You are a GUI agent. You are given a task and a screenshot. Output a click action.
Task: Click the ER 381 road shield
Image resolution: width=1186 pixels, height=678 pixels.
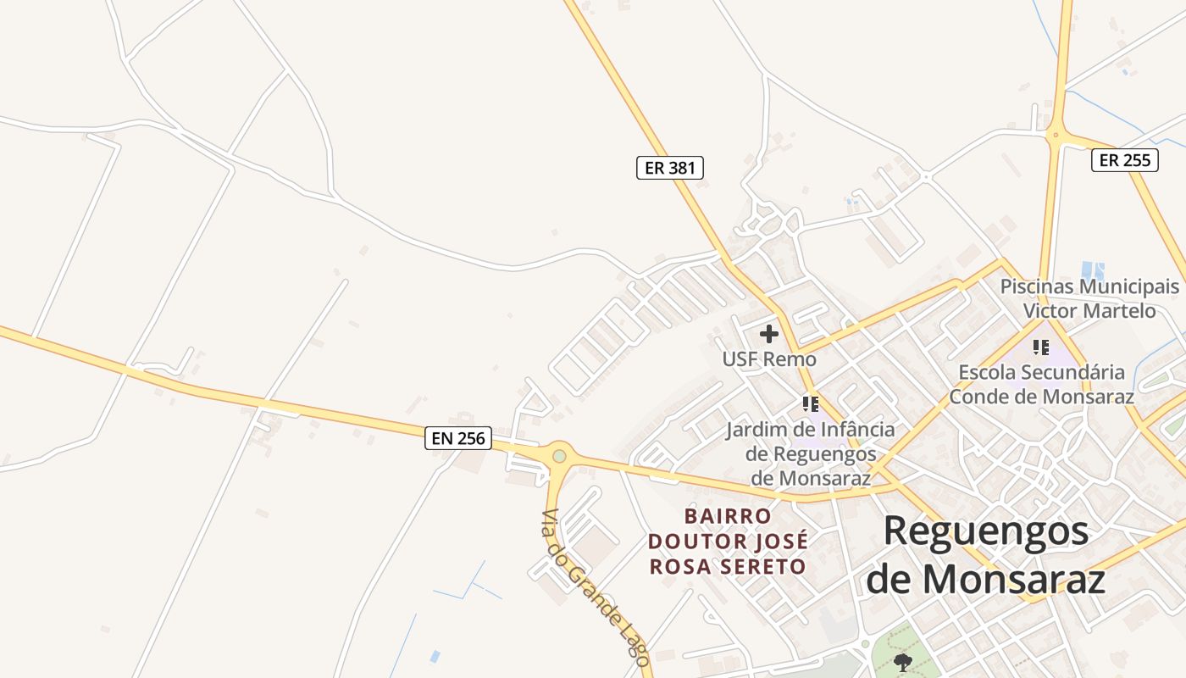click(669, 168)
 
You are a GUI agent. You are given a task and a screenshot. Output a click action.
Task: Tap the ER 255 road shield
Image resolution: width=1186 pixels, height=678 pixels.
click(1124, 160)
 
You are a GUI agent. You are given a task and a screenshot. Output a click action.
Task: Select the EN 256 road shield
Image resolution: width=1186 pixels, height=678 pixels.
click(458, 438)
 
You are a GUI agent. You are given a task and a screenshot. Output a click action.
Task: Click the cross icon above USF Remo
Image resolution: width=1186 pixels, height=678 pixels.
click(769, 334)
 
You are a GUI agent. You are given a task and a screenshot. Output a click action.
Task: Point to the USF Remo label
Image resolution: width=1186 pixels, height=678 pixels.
click(769, 359)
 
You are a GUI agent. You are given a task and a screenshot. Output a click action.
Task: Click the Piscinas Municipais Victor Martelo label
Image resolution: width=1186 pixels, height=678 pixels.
click(1089, 298)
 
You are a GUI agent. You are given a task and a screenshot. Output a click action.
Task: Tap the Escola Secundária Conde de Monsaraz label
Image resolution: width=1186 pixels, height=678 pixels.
click(1041, 384)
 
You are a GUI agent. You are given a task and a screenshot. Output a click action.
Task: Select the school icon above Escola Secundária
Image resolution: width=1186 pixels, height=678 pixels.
click(1041, 347)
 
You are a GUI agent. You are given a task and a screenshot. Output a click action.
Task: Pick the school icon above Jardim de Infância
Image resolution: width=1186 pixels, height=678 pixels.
click(811, 403)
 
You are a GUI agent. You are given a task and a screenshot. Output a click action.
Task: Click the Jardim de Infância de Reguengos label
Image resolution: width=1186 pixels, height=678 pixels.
click(810, 453)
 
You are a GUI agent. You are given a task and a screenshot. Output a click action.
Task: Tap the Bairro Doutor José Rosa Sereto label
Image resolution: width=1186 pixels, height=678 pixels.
click(728, 541)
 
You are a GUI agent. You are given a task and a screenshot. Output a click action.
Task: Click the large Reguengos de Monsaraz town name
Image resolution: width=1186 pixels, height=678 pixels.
click(986, 555)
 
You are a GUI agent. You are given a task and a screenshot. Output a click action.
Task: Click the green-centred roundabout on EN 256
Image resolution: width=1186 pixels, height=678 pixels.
click(559, 457)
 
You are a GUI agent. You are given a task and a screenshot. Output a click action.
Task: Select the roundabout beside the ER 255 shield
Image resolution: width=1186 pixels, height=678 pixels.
click(1056, 133)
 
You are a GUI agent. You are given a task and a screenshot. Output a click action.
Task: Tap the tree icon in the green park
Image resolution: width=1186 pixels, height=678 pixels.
click(902, 660)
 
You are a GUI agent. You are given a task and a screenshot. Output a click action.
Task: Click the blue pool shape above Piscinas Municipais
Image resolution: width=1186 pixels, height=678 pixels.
click(1092, 271)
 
